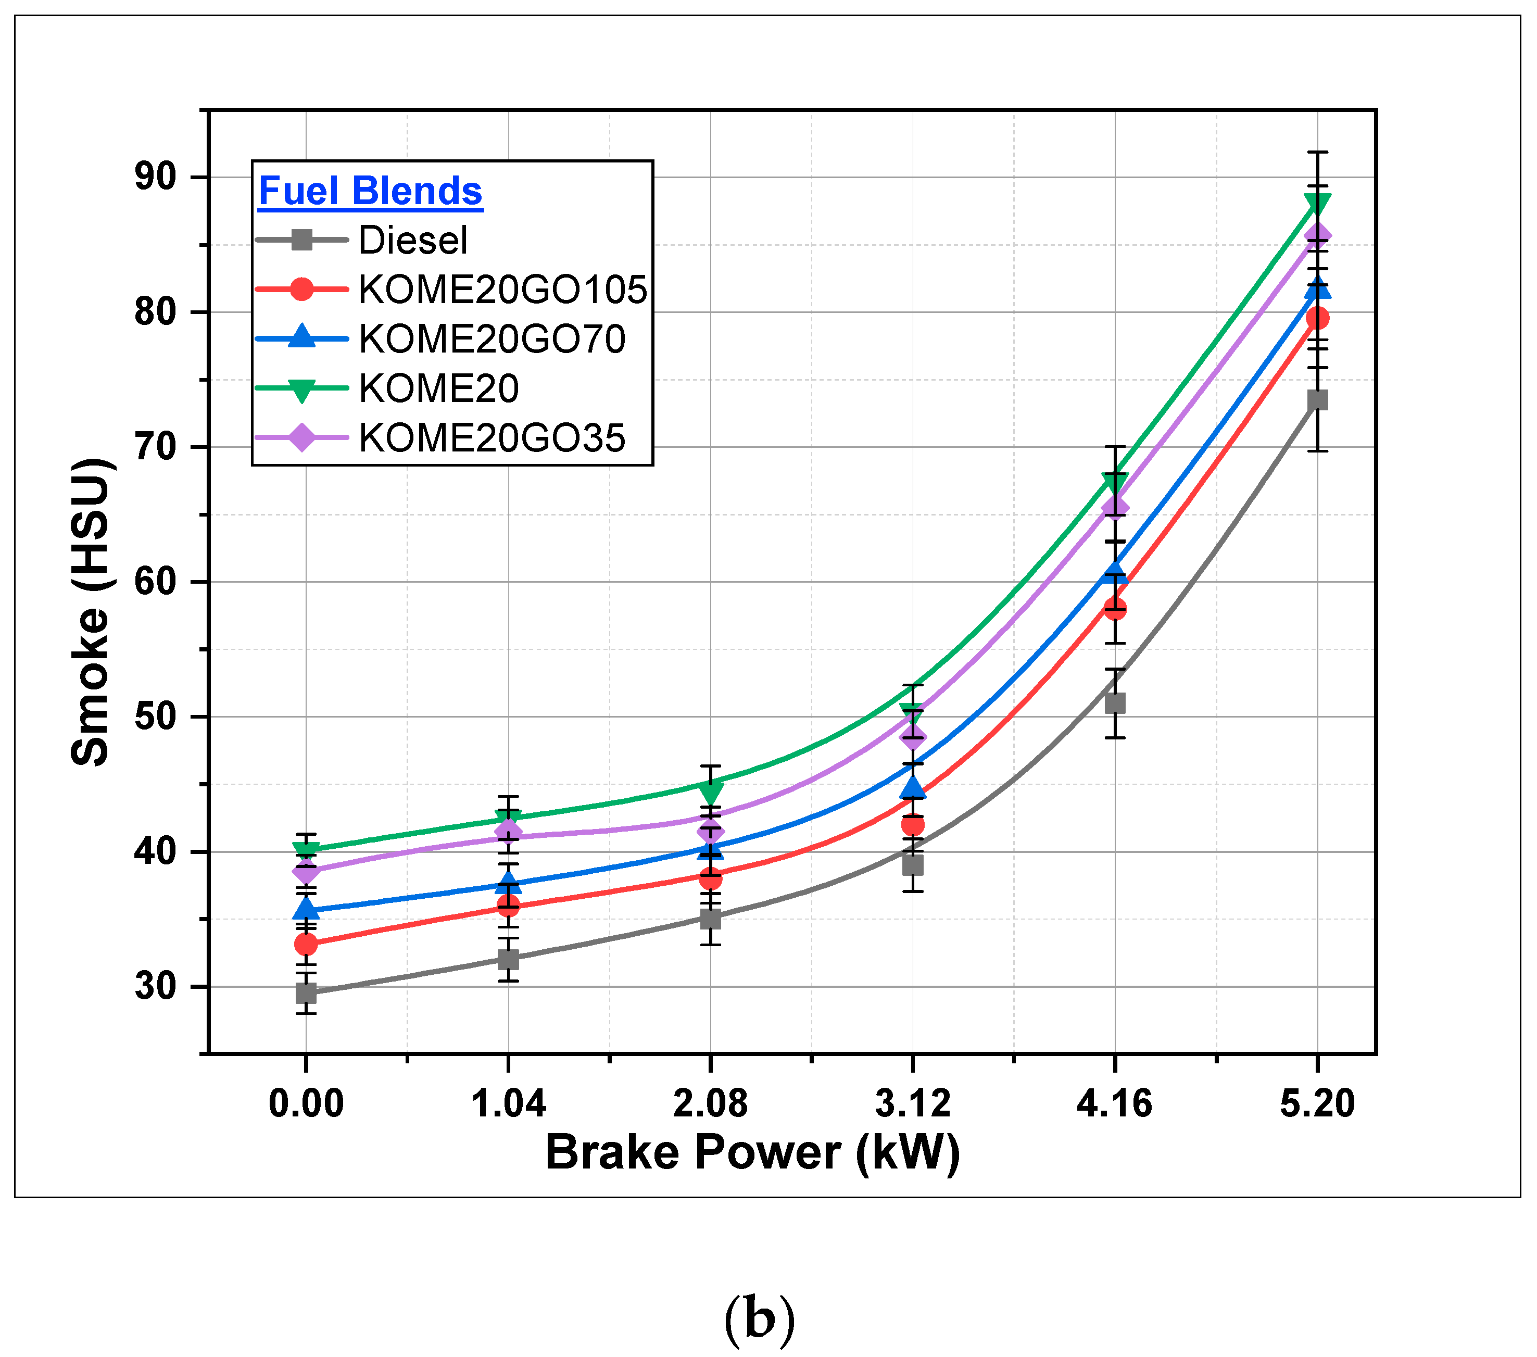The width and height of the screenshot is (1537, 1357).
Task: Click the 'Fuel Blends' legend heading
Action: coord(370,191)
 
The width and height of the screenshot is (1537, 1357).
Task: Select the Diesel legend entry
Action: coord(413,241)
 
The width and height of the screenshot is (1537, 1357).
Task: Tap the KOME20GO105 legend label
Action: coord(502,290)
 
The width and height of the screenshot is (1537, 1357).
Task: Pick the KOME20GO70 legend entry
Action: coord(492,340)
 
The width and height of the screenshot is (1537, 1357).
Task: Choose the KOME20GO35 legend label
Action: coord(492,438)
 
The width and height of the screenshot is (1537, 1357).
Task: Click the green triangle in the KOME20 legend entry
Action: coord(301,389)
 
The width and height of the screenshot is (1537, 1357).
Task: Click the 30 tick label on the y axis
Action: coord(156,986)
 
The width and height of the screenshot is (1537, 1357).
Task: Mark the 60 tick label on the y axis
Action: coord(156,582)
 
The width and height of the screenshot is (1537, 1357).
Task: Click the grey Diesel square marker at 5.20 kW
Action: coord(1317,400)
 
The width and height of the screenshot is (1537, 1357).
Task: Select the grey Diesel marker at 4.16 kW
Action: coord(1114,703)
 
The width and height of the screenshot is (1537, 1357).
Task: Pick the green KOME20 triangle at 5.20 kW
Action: coord(1317,203)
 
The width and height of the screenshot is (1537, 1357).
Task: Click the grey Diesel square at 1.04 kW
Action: coord(508,959)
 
